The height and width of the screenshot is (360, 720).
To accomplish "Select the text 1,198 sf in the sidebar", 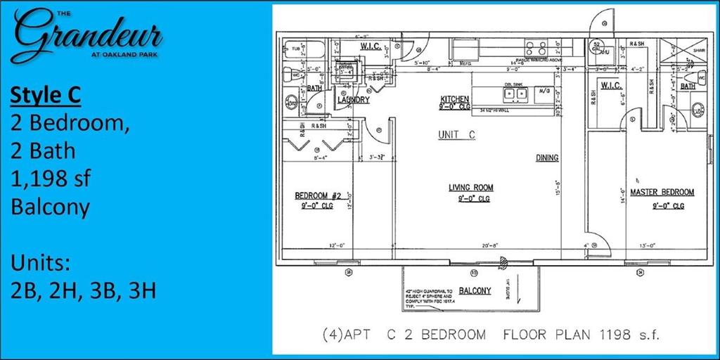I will click(50, 179).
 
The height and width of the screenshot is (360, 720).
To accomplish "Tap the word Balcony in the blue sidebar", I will click(50, 207).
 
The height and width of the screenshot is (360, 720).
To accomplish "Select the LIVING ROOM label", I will click(471, 188).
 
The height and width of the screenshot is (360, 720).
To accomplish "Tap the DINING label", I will click(547, 158).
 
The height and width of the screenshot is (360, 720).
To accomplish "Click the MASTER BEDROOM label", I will click(662, 192).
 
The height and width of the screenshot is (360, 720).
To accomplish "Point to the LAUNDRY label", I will click(353, 101).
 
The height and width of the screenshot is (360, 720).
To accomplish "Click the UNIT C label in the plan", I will click(456, 135).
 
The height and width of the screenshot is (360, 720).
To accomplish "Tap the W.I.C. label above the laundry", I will click(371, 46).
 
